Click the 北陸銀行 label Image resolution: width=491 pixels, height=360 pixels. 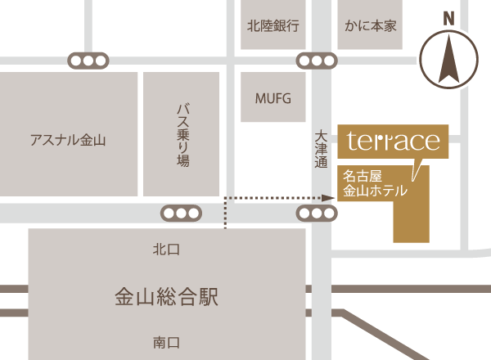click(x=273, y=25)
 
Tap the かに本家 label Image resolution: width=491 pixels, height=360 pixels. click(x=372, y=25)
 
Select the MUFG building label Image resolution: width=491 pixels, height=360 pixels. click(x=273, y=98)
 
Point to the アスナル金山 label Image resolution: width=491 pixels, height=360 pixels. click(x=68, y=140)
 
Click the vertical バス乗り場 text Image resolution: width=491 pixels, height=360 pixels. click(x=182, y=135)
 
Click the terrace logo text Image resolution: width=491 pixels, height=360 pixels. click(x=393, y=141)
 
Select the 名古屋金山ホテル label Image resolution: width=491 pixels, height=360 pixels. click(x=374, y=183)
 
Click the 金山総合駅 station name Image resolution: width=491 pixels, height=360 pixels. click(x=166, y=295)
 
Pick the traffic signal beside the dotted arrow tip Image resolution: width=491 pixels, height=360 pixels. click(x=316, y=214)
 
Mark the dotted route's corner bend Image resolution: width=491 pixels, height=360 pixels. click(x=226, y=197)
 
